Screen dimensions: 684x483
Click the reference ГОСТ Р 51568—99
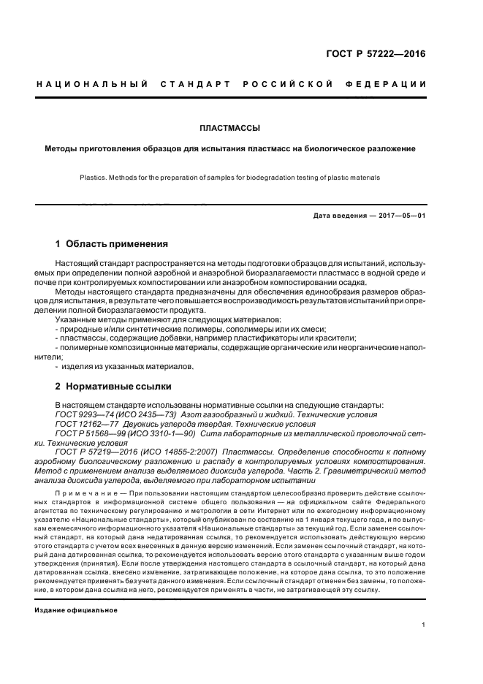tap(85, 433)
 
